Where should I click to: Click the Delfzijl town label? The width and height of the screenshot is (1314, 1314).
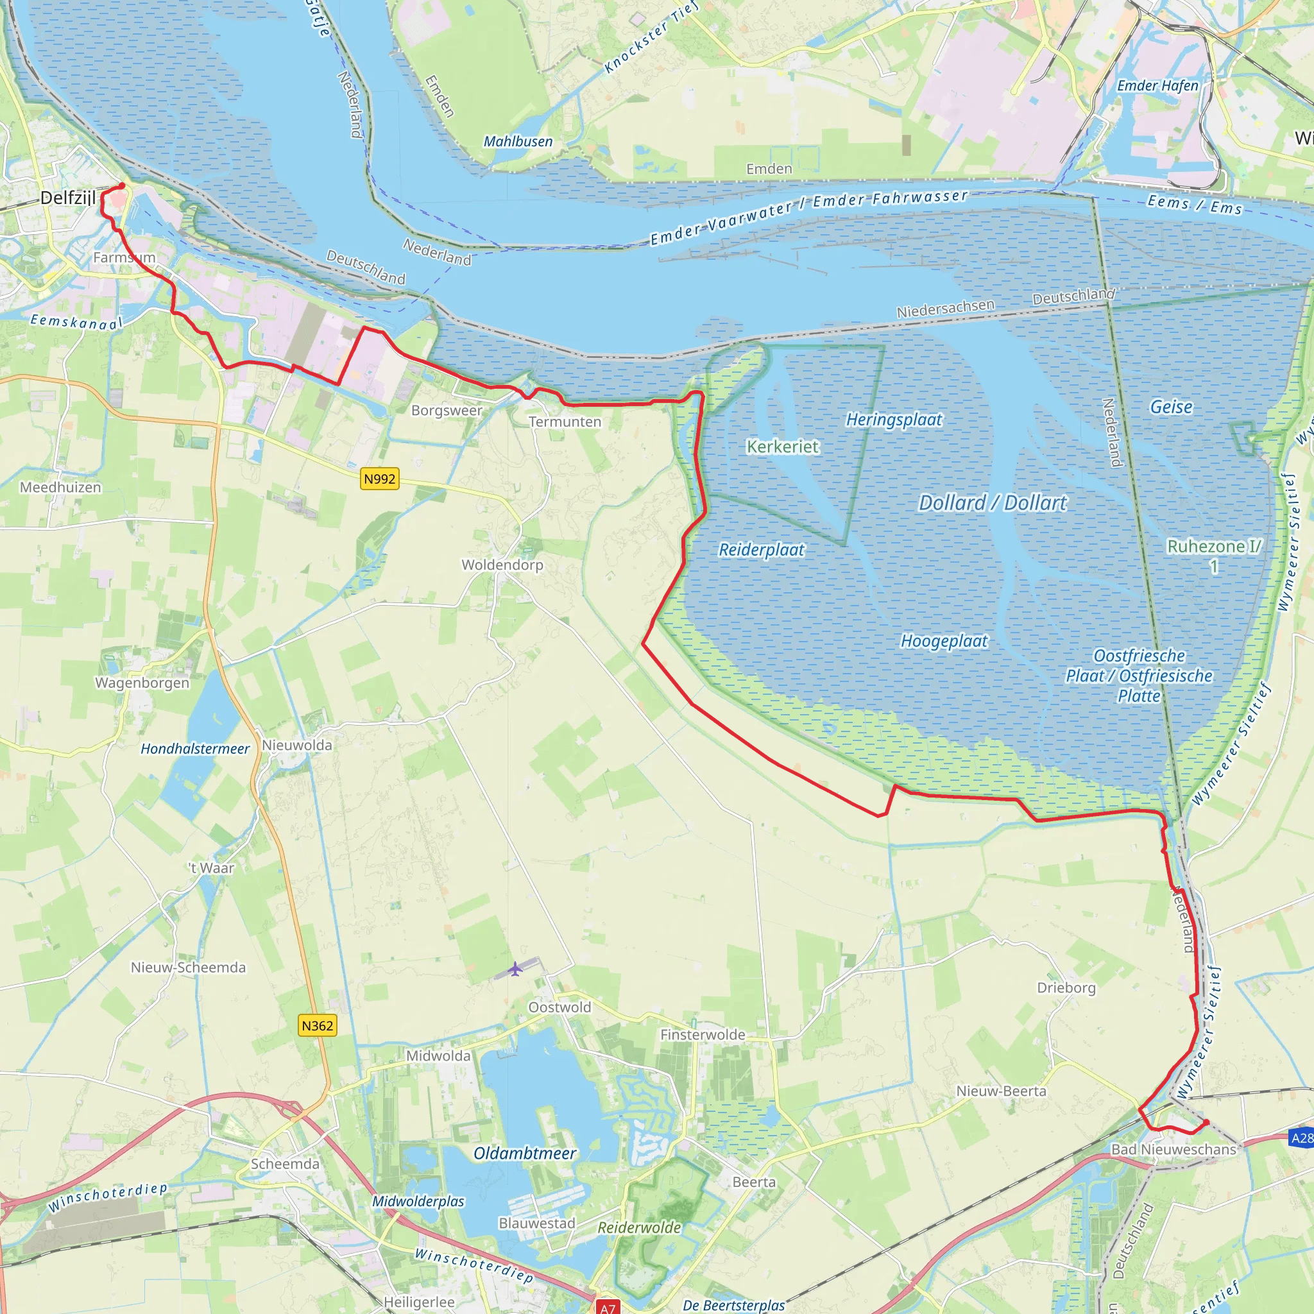[x=67, y=198]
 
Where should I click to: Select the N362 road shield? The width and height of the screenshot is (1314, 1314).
[x=317, y=1026]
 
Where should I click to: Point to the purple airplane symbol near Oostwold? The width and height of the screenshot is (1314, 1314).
[x=516, y=968]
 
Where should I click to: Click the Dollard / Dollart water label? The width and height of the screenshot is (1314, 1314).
[x=993, y=502]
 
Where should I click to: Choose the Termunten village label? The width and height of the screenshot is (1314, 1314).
[x=565, y=422]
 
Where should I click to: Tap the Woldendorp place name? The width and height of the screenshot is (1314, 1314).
[x=502, y=565]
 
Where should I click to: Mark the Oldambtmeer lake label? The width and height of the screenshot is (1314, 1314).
[x=524, y=1154]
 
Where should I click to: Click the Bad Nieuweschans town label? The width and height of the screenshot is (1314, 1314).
[x=1173, y=1149]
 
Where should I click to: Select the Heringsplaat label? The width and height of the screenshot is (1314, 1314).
[x=894, y=420]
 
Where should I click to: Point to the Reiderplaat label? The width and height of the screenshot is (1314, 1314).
[x=761, y=550]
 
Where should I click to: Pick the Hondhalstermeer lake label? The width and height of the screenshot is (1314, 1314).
[x=195, y=749]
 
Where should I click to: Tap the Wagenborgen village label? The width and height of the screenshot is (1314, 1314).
[x=142, y=683]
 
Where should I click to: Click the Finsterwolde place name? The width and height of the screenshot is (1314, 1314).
[x=703, y=1035]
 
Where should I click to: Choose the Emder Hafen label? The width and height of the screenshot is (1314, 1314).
[x=1157, y=86]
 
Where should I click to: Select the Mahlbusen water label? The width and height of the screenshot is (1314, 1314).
[x=518, y=141]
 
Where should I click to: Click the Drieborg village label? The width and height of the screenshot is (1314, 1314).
[x=1066, y=987]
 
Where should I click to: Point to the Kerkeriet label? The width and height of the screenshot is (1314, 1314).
[x=782, y=447]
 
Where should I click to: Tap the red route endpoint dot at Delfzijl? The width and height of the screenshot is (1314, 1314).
[x=122, y=185]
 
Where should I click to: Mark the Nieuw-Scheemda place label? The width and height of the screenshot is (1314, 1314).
[x=189, y=967]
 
